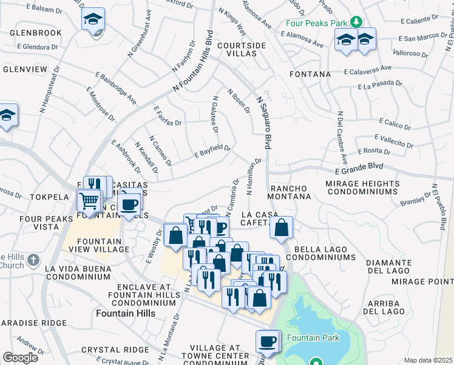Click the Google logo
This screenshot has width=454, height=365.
20,358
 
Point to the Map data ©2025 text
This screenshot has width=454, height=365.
428,360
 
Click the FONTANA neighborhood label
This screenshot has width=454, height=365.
310,74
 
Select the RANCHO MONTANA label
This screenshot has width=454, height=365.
290,192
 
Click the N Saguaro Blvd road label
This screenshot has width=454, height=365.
263,122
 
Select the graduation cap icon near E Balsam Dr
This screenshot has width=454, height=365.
93,19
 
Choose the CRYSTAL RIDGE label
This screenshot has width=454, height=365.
115,350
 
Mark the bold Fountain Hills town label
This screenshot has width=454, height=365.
126,313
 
